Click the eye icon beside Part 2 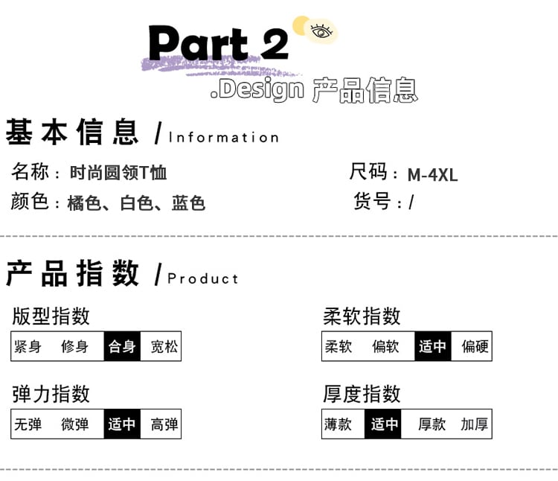[321, 31]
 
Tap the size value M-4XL [432, 175]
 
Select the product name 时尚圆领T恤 [118, 173]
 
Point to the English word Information [224, 137]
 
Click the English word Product [203, 278]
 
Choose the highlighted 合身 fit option [122, 346]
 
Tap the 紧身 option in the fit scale [28, 346]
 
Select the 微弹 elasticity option [74, 424]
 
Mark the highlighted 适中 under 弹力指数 [122, 424]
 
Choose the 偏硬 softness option [475, 346]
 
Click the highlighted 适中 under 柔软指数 [432, 346]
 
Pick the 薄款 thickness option [338, 424]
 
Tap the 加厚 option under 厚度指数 [475, 424]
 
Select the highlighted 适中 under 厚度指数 [385, 424]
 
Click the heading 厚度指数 [362, 393]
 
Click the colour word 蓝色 [188, 203]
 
